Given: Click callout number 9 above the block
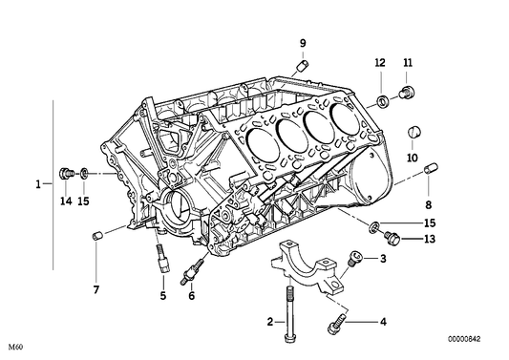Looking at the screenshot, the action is click(303, 43).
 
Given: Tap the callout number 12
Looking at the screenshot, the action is click(380, 62).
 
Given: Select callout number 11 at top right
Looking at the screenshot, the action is click(408, 62).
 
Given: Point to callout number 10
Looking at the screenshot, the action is click(413, 159).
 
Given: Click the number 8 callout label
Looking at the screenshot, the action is click(429, 205).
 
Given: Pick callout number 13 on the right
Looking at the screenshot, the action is click(430, 240).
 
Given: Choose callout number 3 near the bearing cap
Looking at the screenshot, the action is click(383, 259).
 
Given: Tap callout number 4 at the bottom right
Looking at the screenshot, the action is click(383, 322).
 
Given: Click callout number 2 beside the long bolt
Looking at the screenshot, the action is click(270, 322).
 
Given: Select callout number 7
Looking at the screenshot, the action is click(96, 290).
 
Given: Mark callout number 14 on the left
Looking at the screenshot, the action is click(66, 201).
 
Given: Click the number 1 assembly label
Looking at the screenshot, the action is click(38, 184).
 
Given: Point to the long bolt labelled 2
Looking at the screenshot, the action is click(289, 314).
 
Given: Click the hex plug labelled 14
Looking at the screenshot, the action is click(66, 174).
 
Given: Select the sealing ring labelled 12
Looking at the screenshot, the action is click(383, 101).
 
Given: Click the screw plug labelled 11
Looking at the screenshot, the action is click(407, 92).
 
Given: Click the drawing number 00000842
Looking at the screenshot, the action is click(464, 339).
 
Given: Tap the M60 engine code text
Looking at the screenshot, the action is click(16, 347).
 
